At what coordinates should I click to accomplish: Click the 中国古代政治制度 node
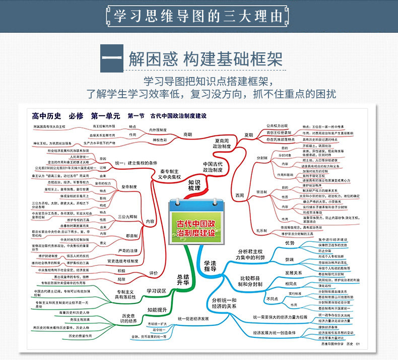[x=213, y=167]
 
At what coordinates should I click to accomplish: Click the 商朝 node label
[x=188, y=134]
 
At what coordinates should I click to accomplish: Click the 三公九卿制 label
[x=128, y=217]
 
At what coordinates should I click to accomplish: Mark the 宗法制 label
[x=261, y=192]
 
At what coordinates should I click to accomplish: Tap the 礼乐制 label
[x=261, y=231]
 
